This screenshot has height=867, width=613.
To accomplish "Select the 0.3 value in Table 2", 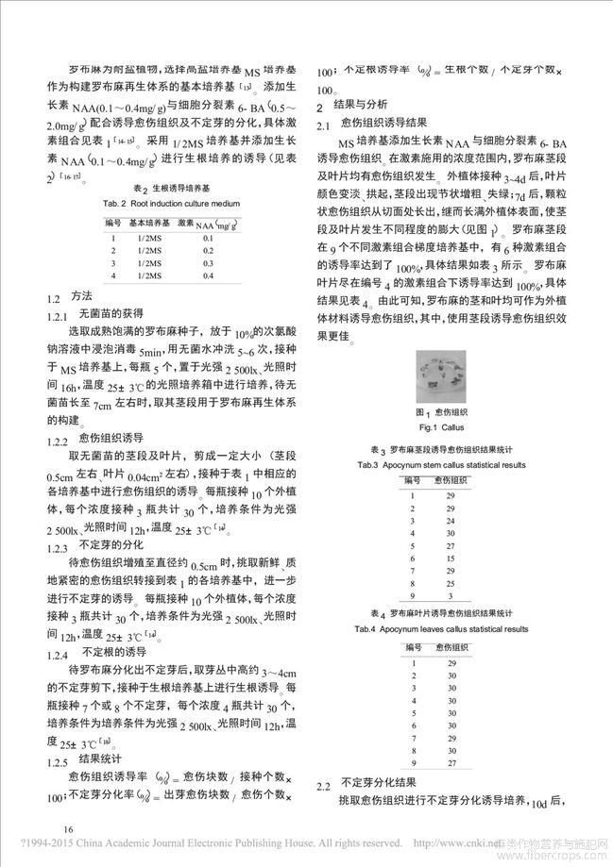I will coord(208,263).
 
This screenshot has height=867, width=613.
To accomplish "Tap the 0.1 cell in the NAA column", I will coord(208,239).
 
